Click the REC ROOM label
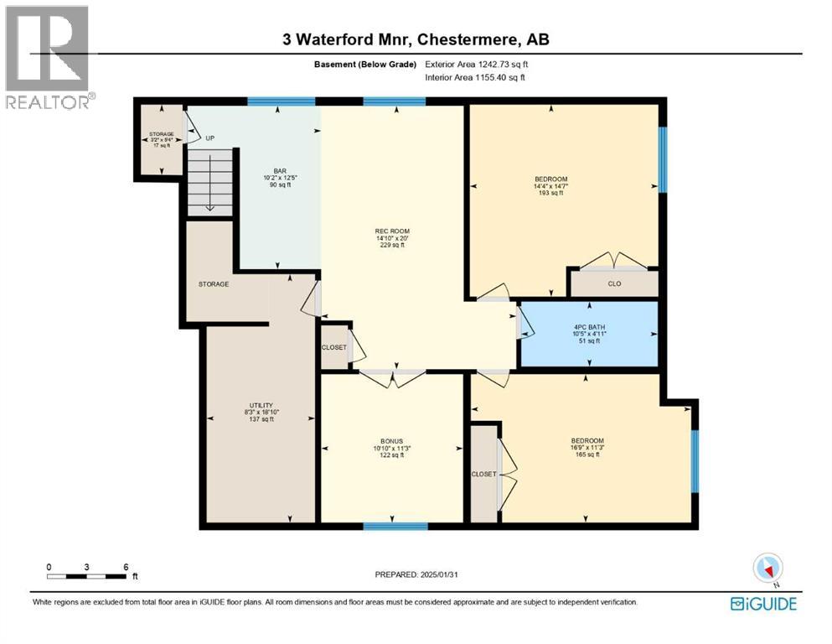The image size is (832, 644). click(x=392, y=237)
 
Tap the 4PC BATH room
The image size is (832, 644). click(x=589, y=331)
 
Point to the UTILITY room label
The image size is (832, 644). click(x=260, y=412)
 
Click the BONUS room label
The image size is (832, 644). click(x=392, y=448)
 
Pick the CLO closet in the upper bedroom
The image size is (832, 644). click(x=613, y=283)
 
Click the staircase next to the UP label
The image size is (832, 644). click(x=209, y=184)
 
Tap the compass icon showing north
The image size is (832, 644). click(x=767, y=569)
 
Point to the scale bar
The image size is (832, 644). click(x=87, y=576)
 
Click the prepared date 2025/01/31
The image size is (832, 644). click(x=416, y=574)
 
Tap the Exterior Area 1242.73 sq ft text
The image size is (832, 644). click(x=477, y=64)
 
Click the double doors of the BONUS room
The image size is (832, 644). click(x=392, y=378)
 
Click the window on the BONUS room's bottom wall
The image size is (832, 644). click(x=395, y=527)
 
